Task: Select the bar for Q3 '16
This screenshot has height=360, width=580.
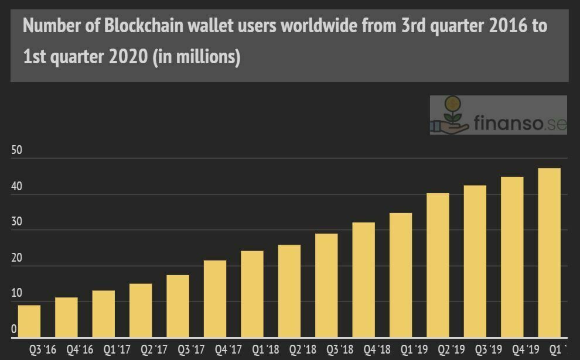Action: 29,321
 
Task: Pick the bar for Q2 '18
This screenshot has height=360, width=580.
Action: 289,291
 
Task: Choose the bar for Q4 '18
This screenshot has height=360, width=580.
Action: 364,280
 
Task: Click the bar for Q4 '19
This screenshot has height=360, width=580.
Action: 512,257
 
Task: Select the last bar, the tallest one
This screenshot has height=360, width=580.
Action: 550,253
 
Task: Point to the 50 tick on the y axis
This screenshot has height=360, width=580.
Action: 17,150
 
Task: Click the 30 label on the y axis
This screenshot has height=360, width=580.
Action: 17,222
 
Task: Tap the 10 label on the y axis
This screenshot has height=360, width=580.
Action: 17,293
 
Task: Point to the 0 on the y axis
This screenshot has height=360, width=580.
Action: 14,329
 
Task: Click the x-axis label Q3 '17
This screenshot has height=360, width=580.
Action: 191,350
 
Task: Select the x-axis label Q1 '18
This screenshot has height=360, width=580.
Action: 265,350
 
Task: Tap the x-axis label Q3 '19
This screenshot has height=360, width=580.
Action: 488,350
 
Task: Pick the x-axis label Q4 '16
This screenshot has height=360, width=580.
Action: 79,350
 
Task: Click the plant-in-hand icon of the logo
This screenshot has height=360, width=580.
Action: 450,115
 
